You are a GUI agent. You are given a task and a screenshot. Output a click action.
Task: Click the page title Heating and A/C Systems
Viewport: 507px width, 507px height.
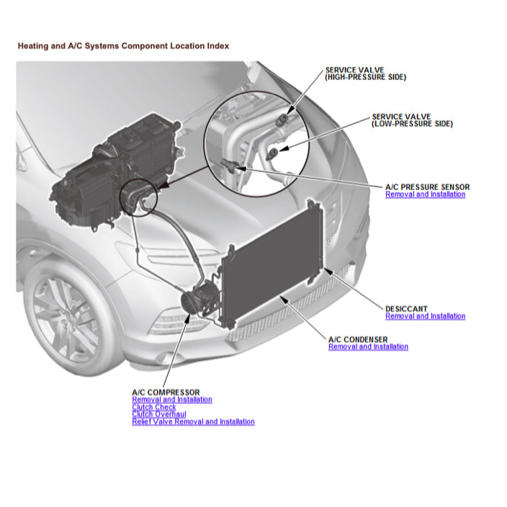(x=122, y=45)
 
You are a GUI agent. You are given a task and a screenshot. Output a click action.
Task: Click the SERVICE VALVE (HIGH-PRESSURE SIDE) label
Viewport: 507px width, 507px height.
(x=365, y=73)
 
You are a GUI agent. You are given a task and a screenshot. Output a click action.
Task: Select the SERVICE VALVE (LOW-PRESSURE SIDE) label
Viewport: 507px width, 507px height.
(x=412, y=120)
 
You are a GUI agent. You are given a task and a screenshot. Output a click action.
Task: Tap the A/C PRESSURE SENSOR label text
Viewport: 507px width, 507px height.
(x=427, y=187)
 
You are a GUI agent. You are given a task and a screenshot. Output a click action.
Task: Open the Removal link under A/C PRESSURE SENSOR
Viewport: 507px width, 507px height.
(x=425, y=194)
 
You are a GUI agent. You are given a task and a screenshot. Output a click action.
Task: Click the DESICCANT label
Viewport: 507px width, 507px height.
(x=407, y=308)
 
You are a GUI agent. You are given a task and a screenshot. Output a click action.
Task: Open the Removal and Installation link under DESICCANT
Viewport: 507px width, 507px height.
(x=425, y=316)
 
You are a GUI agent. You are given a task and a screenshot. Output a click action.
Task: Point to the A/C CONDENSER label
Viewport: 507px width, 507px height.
(x=357, y=339)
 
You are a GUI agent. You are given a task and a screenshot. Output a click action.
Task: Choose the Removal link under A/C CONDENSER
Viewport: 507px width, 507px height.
(x=368, y=347)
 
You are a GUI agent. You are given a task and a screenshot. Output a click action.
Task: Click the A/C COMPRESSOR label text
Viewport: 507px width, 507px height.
(x=166, y=392)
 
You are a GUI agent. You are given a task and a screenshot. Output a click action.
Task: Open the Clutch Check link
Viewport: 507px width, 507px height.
(x=153, y=407)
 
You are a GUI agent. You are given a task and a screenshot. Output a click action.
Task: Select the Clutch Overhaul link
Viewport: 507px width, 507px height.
(x=158, y=414)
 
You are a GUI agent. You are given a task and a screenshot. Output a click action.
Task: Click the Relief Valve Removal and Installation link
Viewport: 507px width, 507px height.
(x=193, y=422)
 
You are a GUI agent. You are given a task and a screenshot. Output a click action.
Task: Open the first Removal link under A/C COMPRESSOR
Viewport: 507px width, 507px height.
(x=172, y=400)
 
